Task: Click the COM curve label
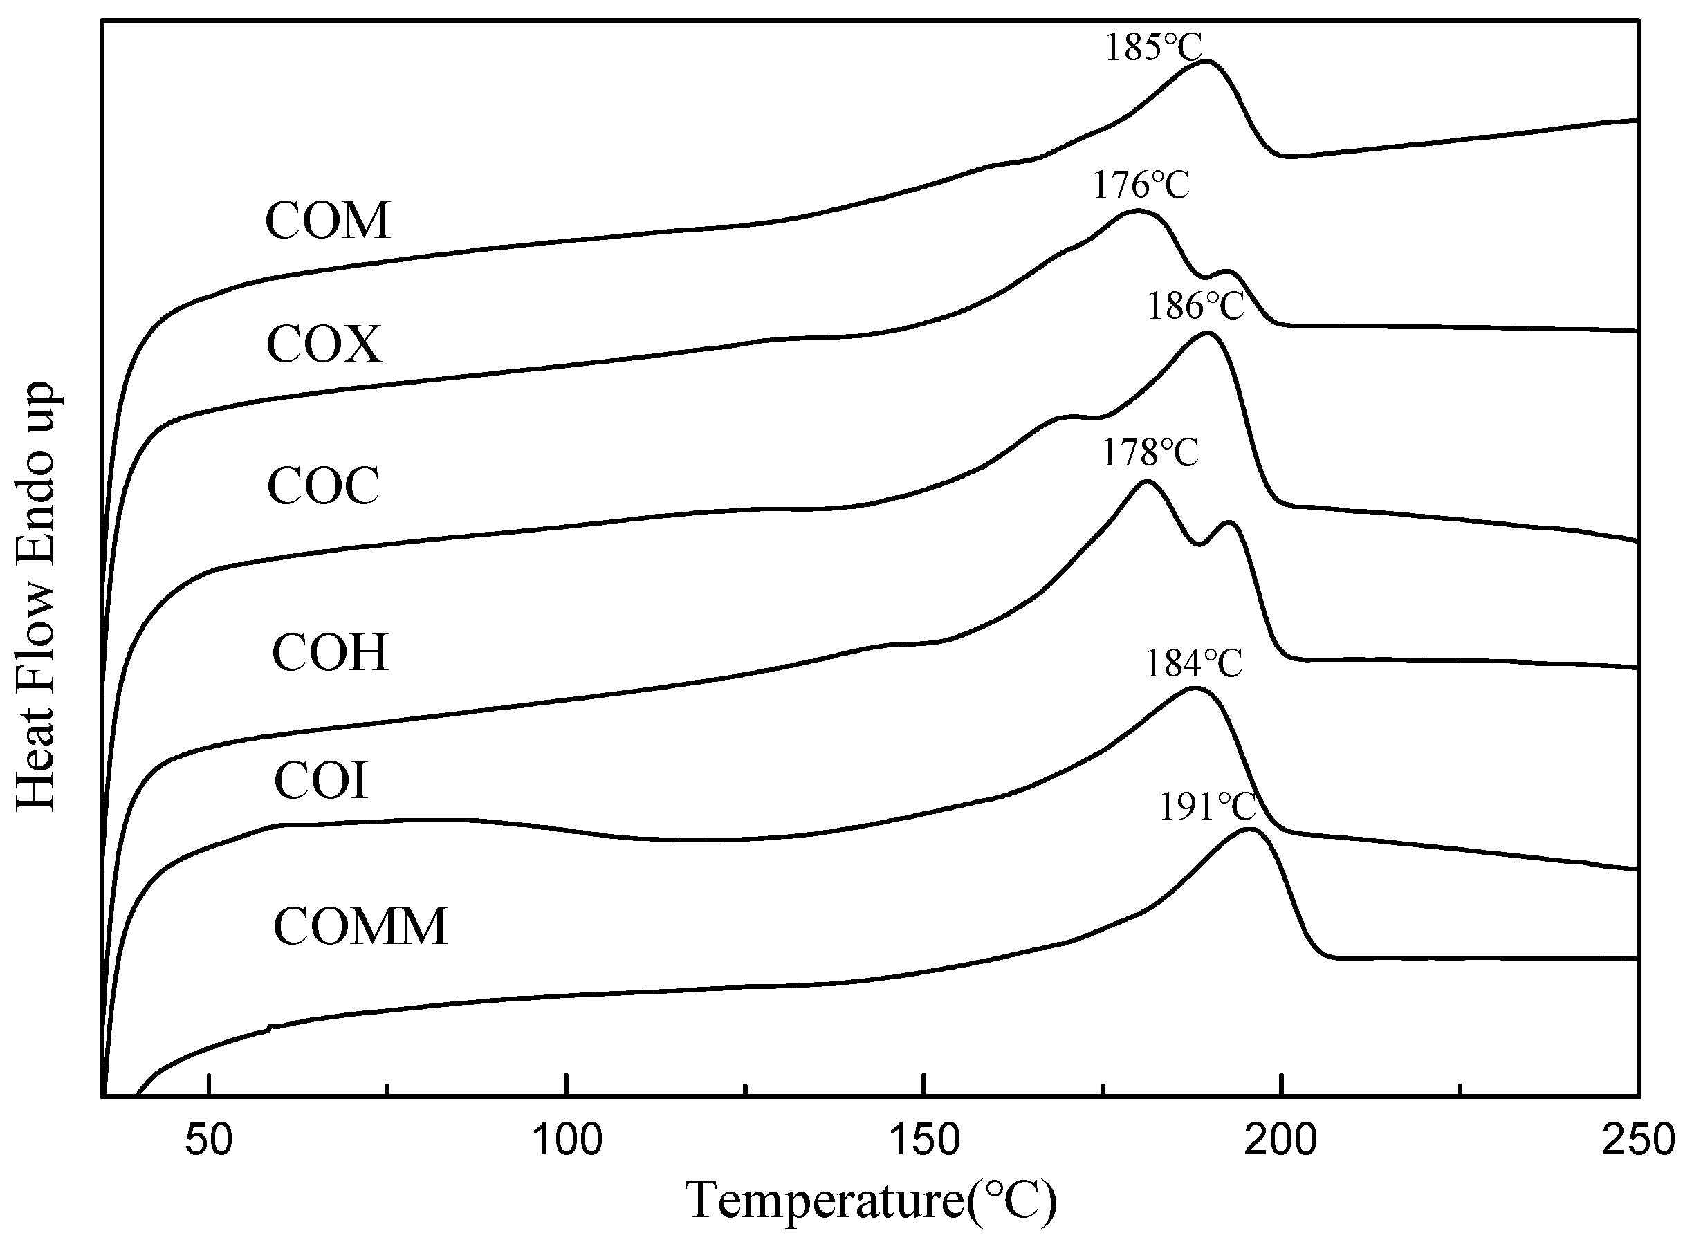click(328, 221)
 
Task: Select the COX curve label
click(324, 345)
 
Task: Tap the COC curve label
click(323, 485)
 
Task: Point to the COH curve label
click(329, 653)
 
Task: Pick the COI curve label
click(320, 781)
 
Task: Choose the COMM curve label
click(360, 926)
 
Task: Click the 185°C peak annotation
click(1153, 47)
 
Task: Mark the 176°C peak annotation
click(1140, 185)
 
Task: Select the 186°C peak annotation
click(1195, 306)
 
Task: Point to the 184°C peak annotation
click(1193, 663)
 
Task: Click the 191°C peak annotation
click(1208, 808)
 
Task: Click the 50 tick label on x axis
click(210, 1140)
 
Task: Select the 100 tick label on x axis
click(567, 1140)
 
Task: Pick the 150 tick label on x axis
click(924, 1140)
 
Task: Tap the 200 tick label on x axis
click(1281, 1140)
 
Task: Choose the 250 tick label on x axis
click(1638, 1140)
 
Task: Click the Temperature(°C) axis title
click(871, 1202)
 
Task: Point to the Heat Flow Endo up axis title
click(36, 597)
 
